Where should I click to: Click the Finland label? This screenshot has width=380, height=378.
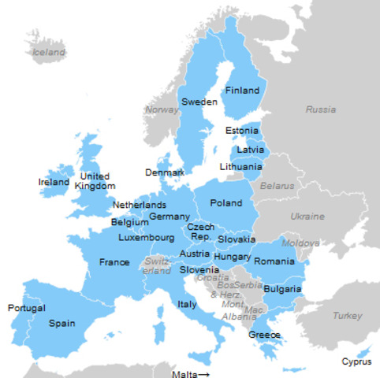242,91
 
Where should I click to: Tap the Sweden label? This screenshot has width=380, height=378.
199,102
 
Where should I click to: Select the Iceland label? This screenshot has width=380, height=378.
49,52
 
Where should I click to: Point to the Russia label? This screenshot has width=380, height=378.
320,109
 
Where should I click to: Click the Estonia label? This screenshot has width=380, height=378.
241,131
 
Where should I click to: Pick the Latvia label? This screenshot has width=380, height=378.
250,150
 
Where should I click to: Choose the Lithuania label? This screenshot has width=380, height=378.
241,167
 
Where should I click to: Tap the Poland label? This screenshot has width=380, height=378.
226,203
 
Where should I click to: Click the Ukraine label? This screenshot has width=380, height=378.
307,216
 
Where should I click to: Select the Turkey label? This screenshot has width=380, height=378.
348,315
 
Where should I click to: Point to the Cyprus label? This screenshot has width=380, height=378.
356,362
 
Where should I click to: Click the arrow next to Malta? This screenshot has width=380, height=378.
203,373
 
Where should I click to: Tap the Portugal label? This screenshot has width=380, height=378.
27,307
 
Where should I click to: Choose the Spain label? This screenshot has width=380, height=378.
62,323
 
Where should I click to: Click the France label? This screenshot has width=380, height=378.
114,262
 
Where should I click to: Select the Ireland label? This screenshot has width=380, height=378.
54,182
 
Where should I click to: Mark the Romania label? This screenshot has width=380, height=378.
274,261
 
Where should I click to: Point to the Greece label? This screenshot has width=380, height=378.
264,335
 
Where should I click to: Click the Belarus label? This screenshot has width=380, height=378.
277,186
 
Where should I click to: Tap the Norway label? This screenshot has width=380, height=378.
162,109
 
